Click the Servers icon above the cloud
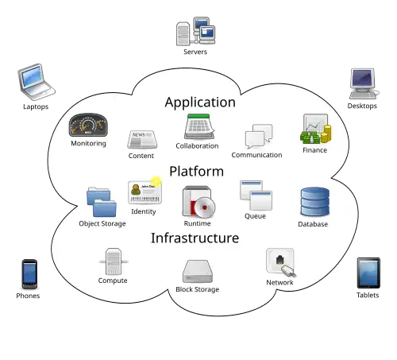coord(195,31)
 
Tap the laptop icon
coord(37,82)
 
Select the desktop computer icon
coord(364,83)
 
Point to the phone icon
coord(29,274)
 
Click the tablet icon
coord(368,273)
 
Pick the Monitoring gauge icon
coord(88,125)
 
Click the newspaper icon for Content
coord(142,139)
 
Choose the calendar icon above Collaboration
coord(199,126)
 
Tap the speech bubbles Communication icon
coord(259,136)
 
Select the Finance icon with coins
coord(315,129)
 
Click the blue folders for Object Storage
coord(102,202)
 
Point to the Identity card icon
coord(145,191)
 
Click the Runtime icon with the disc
coord(198,202)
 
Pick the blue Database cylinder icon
coord(315,202)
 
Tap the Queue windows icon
coord(256,195)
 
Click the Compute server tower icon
coord(114,261)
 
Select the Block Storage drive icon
coord(198,271)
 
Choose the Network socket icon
coord(281,262)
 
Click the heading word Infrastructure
coord(195,238)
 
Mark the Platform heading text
coord(197,171)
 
